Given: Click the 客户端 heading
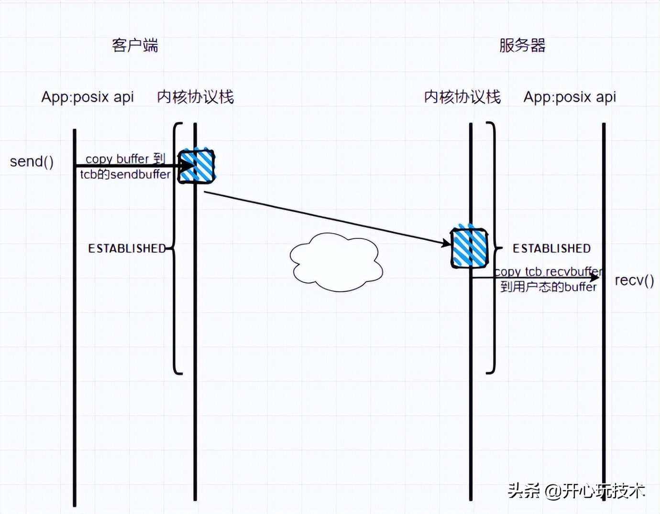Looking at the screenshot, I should click(x=135, y=45).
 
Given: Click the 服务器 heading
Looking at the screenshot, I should click(x=522, y=45).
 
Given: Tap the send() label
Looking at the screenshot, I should click(x=32, y=161).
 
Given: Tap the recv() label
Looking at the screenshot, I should click(x=634, y=280).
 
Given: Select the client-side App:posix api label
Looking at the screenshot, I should click(x=88, y=97).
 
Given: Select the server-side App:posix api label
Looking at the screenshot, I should click(x=570, y=97).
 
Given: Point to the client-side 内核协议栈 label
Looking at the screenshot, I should click(x=195, y=97).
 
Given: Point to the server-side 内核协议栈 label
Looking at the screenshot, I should click(x=462, y=97).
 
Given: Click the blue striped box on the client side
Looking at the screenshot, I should click(x=197, y=166).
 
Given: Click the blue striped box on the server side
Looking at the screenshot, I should click(x=469, y=247).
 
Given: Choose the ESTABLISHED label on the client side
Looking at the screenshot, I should click(x=127, y=248).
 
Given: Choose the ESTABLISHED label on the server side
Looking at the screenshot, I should click(x=551, y=248).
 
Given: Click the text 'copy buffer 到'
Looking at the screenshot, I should click(x=125, y=158).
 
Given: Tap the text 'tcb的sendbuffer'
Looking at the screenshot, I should click(x=125, y=174).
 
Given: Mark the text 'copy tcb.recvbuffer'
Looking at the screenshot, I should click(x=548, y=271).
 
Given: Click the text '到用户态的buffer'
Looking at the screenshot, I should click(x=548, y=287).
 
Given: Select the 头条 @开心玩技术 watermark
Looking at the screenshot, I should click(x=576, y=491).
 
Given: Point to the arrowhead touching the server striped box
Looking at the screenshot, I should click(x=446, y=244).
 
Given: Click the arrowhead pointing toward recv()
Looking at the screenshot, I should click(x=594, y=278).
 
